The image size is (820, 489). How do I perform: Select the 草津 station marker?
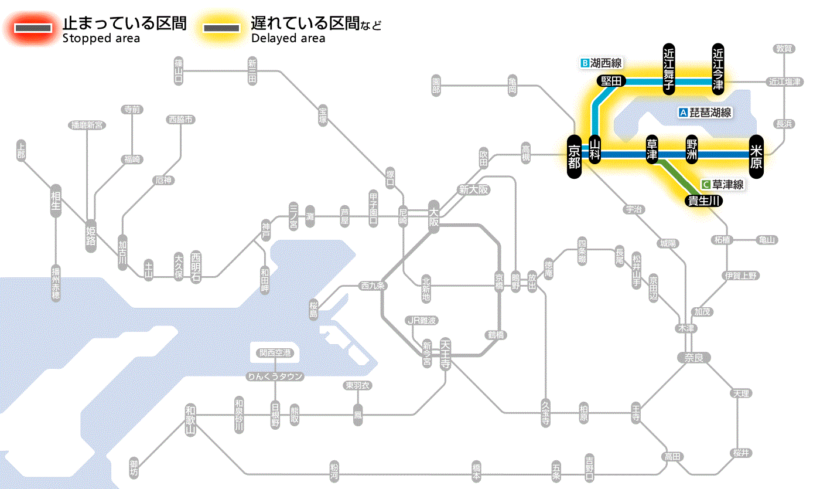coord(652,150)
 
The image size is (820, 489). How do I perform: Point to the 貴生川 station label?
coord(703,201)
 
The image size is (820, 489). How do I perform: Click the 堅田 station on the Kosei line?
coord(611,81)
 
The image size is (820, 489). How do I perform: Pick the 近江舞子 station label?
coord(669,68)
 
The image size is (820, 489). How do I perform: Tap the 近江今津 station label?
coord(718,68)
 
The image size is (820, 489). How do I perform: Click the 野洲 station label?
coord(692,150)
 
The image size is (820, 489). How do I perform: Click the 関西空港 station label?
coord(275,353)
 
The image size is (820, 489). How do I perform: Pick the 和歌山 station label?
coord(190,420)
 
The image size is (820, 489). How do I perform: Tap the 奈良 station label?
coord(693,357)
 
